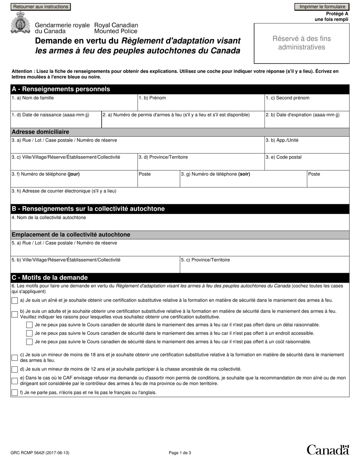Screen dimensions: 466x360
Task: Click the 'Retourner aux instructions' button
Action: (41, 7)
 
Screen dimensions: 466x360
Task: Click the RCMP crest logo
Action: (19, 23)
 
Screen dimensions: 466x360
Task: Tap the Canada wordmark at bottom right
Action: (327, 450)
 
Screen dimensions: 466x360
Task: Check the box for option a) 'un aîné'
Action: (15, 301)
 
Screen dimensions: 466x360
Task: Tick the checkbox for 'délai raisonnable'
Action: (29, 325)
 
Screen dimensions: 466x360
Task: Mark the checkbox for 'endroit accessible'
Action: (29, 333)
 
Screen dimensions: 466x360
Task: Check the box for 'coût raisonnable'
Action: (29, 342)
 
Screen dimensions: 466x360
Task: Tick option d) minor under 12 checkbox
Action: (15, 369)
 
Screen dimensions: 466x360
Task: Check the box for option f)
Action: (15, 393)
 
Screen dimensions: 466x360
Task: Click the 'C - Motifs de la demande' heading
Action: (50, 277)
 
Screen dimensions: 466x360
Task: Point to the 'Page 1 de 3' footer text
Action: (180, 452)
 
